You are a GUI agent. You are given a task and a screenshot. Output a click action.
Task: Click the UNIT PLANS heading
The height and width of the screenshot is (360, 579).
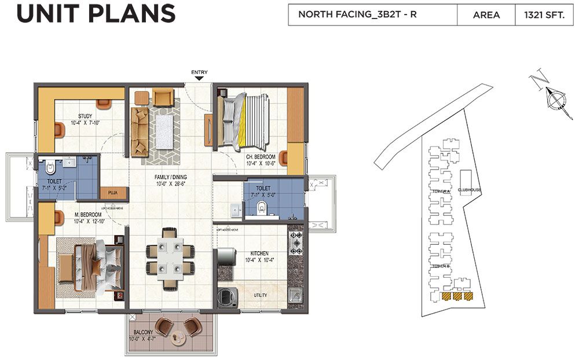click(96, 14)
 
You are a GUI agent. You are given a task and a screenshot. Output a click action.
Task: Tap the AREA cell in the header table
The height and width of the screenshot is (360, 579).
click(486, 15)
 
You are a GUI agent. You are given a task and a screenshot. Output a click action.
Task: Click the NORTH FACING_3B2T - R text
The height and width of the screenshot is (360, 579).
click(357, 15)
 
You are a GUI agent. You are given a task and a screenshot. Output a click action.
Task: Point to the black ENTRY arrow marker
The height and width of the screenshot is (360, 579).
click(199, 78)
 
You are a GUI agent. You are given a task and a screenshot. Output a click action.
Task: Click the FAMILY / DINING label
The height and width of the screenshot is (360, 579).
click(170, 177)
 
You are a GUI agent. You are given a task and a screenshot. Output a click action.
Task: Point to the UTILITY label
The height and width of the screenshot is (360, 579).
click(260, 295)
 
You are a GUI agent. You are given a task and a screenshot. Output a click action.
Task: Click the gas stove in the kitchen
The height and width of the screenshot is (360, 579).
click(296, 243)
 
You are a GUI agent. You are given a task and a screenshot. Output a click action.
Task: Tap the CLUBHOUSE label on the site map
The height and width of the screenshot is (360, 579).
click(469, 190)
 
